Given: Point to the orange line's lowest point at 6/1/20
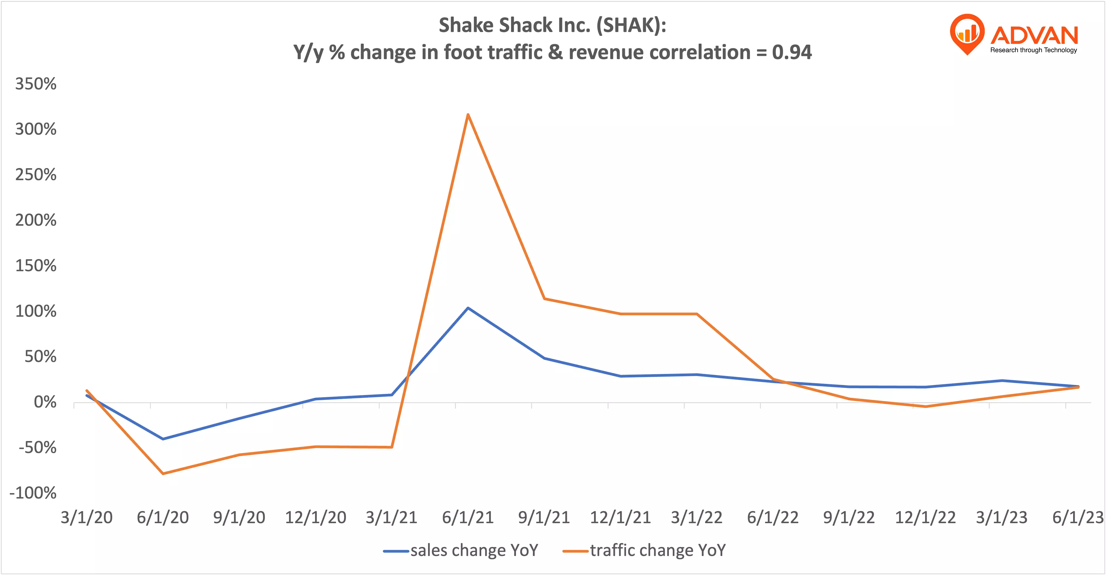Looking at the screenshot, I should point(163,473).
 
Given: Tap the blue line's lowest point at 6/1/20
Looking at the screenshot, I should point(163,439).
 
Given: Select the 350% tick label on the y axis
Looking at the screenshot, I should point(36,84).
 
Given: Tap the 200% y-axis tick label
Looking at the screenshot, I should point(36,220).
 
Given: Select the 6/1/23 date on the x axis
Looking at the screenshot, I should point(1077,517).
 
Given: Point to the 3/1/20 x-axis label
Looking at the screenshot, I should point(86,517).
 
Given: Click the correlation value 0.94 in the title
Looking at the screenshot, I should point(792,52).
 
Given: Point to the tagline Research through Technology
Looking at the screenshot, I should point(1034,50).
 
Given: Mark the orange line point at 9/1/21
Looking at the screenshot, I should point(544,299).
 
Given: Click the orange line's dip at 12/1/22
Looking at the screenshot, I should point(925,406).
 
